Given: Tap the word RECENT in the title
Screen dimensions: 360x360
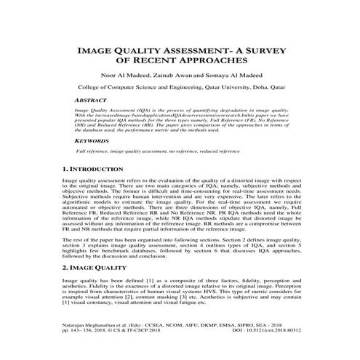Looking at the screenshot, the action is (x=165, y=63).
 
